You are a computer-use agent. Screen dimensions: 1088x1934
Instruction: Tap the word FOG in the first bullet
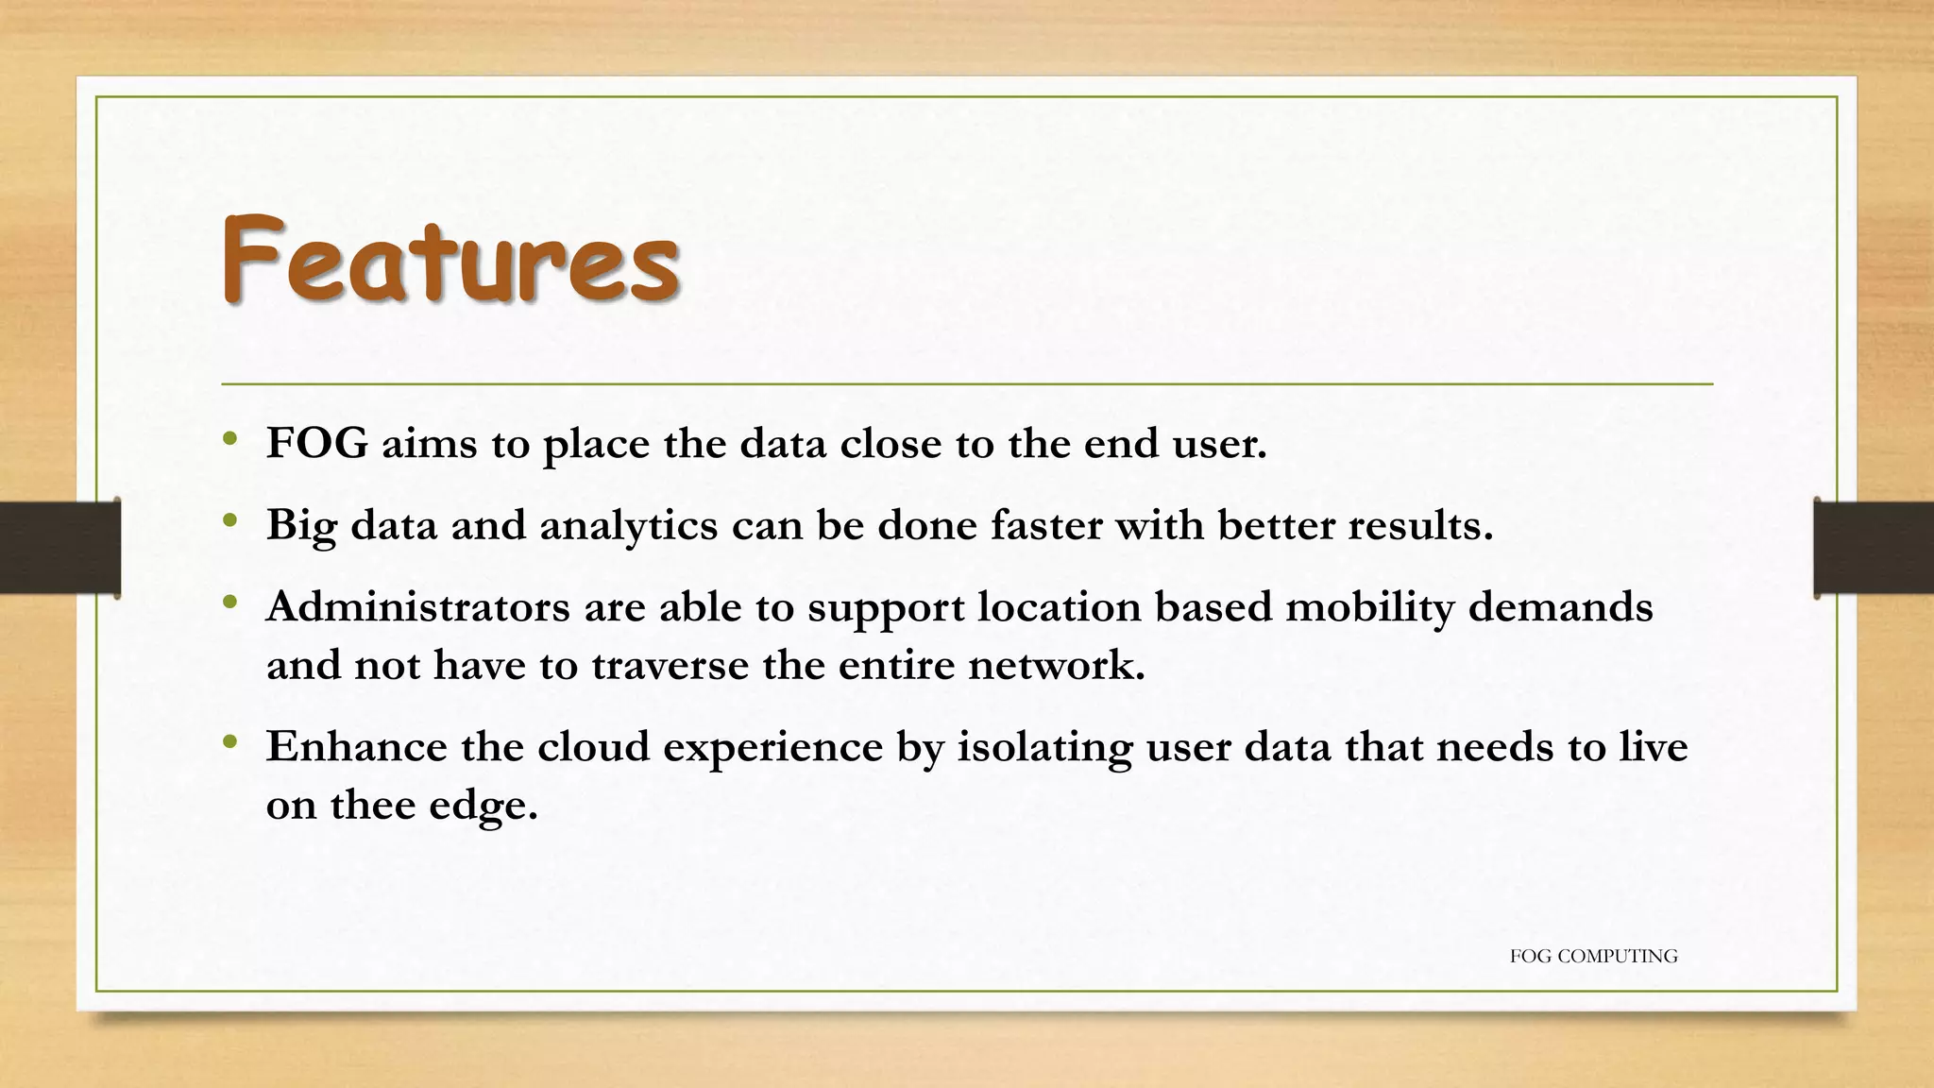[317, 443]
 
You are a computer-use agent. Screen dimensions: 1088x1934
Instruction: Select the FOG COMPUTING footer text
[1593, 956]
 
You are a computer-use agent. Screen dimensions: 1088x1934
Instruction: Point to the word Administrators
[418, 606]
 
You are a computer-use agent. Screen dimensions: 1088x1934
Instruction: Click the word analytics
[628, 526]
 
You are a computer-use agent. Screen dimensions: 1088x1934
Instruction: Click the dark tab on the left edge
[59, 548]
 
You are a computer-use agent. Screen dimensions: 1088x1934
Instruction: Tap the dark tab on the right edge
[1874, 548]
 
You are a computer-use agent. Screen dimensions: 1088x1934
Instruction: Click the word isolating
[1044, 748]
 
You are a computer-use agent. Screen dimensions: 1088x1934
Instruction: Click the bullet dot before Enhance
[229, 742]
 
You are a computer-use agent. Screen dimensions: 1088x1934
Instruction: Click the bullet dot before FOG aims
[229, 438]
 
